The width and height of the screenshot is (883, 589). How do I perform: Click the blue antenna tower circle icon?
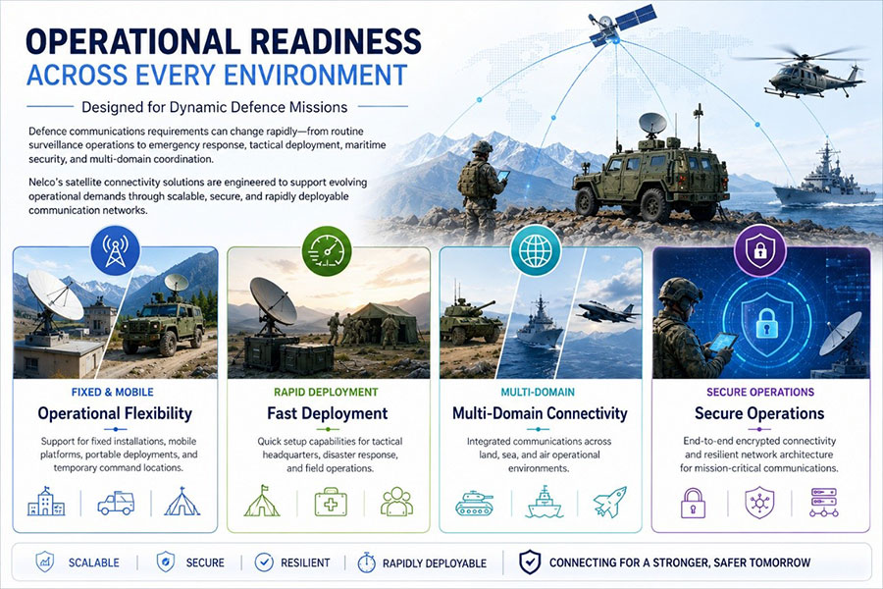(115, 249)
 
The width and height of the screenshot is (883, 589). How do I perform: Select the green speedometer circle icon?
(327, 250)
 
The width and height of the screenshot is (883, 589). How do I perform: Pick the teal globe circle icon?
(536, 250)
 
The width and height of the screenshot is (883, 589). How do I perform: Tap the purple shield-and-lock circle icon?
(759, 249)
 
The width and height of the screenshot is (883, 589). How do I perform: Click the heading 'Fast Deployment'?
(327, 413)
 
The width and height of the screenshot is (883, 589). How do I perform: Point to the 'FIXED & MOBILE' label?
(113, 393)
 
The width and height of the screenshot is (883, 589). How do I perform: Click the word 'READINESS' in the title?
(336, 41)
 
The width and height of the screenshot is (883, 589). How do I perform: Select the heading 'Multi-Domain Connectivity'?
(540, 413)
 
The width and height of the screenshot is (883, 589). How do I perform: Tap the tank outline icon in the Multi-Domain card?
(474, 504)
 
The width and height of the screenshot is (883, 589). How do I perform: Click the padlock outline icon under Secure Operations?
(694, 503)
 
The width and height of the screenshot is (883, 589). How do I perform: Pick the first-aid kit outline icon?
(331, 503)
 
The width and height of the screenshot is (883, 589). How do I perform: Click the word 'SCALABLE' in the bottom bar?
(94, 563)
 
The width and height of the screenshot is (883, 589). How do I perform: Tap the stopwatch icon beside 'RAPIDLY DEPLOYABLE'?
(367, 562)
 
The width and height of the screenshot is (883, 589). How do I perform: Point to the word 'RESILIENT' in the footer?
(305, 563)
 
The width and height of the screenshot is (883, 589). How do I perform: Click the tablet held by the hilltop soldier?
(502, 176)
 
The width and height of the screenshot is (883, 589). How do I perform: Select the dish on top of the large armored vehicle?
(652, 124)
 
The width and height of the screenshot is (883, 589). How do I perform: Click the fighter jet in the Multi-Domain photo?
(608, 312)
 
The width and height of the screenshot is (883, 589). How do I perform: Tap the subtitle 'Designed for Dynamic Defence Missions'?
(215, 107)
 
